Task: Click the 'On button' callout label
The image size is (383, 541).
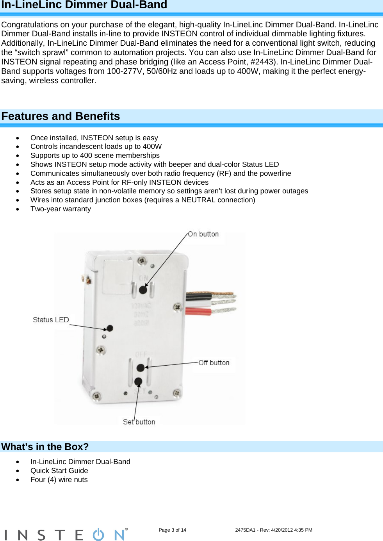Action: pyautogui.click(x=203, y=234)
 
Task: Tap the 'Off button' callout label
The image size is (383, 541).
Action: pyautogui.click(x=214, y=362)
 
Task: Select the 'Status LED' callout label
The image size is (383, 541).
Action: pyautogui.click(x=51, y=320)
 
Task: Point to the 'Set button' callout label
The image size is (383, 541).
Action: pyautogui.click(x=139, y=422)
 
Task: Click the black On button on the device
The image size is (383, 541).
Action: pyautogui.click(x=143, y=290)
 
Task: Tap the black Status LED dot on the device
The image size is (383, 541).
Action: pyautogui.click(x=110, y=328)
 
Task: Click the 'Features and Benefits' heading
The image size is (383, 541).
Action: pyautogui.click(x=61, y=116)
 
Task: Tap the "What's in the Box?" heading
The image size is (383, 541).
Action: pyautogui.click(x=45, y=447)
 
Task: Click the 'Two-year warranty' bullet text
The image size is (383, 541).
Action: pyautogui.click(x=61, y=209)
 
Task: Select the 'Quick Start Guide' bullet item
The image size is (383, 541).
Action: pyautogui.click(x=59, y=471)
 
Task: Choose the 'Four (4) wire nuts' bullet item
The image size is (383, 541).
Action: pyautogui.click(x=59, y=480)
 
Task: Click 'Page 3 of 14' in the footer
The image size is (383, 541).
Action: pyautogui.click(x=172, y=530)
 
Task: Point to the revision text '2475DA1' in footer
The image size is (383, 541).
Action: pyautogui.click(x=245, y=530)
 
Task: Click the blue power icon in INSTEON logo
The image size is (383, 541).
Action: pyautogui.click(x=98, y=535)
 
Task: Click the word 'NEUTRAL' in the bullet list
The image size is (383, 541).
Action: pyautogui.click(x=198, y=200)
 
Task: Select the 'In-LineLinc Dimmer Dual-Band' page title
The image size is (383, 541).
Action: pyautogui.click(x=84, y=5)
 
